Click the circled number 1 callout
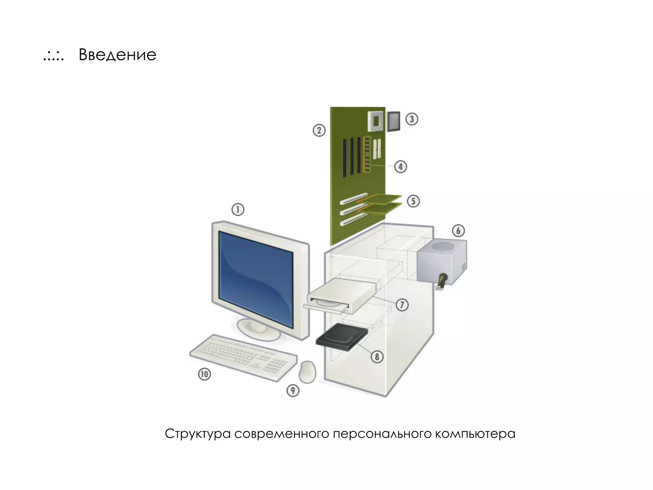tap(238, 210)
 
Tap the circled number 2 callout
tap(319, 130)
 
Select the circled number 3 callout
tap(412, 119)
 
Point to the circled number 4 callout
tap(400, 167)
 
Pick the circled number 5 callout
tap(413, 201)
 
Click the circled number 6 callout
tap(458, 230)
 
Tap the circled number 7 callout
tap(402, 305)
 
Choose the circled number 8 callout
tap(377, 356)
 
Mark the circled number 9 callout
tap(293, 390)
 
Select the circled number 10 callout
tap(205, 374)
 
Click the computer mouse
tap(308, 372)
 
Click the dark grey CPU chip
tap(393, 121)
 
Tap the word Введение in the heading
tap(117, 55)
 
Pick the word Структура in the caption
tap(198, 434)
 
